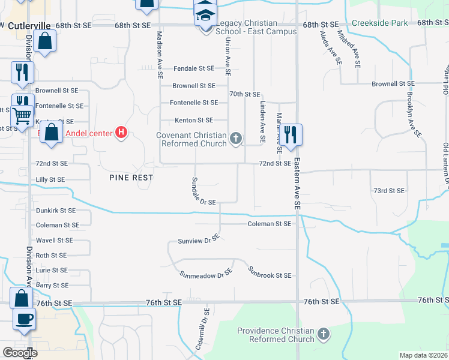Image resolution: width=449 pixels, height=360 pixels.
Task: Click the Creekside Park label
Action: point(380,23)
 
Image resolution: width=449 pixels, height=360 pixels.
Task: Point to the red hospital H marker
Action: point(121,132)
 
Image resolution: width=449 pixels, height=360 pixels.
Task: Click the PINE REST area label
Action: point(131,178)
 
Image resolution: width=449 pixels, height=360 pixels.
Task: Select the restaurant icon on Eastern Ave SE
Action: point(291,134)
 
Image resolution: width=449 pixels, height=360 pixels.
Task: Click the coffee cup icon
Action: point(23,318)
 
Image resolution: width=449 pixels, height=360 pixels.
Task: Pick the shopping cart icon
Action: point(22,114)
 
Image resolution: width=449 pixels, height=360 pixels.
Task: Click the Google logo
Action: point(20,353)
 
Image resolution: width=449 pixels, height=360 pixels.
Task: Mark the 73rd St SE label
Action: point(389,191)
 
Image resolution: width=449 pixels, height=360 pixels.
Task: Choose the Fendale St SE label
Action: point(194,69)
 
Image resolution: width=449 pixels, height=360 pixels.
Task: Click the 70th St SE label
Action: point(245,94)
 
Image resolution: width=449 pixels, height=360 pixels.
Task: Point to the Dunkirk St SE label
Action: point(56,211)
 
